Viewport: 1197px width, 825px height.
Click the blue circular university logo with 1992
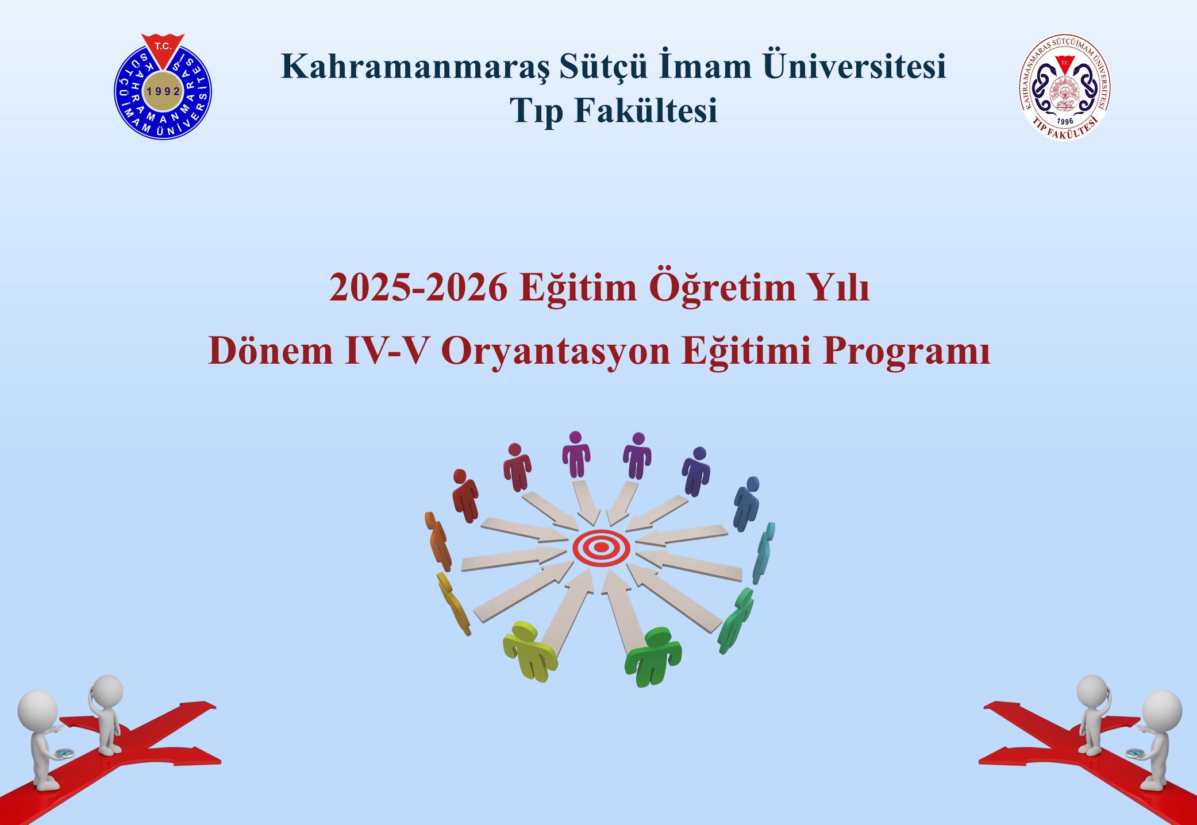point(163,87)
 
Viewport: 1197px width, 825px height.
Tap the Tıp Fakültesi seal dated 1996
point(1065,87)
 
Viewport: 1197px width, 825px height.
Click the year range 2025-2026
point(418,287)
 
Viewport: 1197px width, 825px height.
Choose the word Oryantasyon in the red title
point(555,351)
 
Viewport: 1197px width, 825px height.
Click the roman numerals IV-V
point(387,350)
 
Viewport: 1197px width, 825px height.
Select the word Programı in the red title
point(907,351)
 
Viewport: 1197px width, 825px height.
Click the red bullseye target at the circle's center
point(601,548)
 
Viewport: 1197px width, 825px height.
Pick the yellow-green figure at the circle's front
point(529,651)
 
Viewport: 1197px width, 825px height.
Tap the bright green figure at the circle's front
point(653,657)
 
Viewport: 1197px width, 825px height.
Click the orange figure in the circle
point(438,541)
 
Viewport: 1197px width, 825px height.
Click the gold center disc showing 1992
point(163,91)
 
